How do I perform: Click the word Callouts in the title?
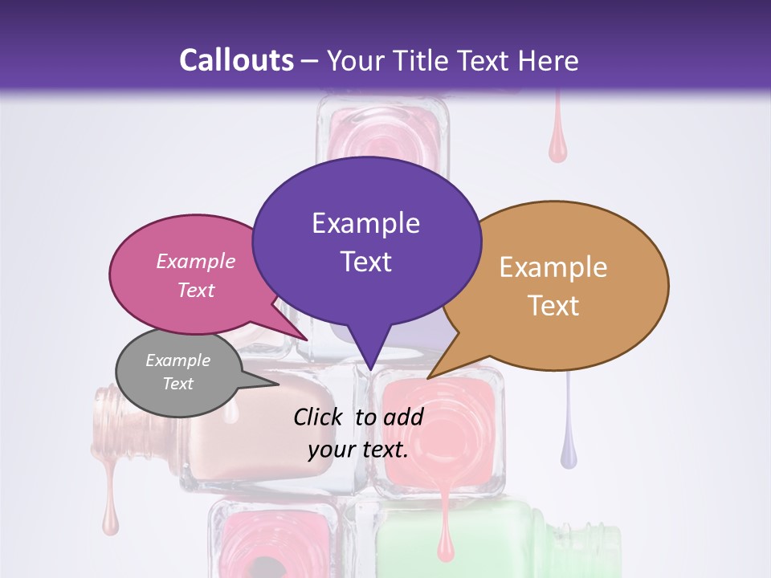236,60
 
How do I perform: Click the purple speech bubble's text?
366,242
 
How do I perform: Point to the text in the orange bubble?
553,286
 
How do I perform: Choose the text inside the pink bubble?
196,275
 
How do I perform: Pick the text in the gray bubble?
178,372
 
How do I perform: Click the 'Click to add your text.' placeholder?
358,433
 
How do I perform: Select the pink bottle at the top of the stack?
383,132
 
